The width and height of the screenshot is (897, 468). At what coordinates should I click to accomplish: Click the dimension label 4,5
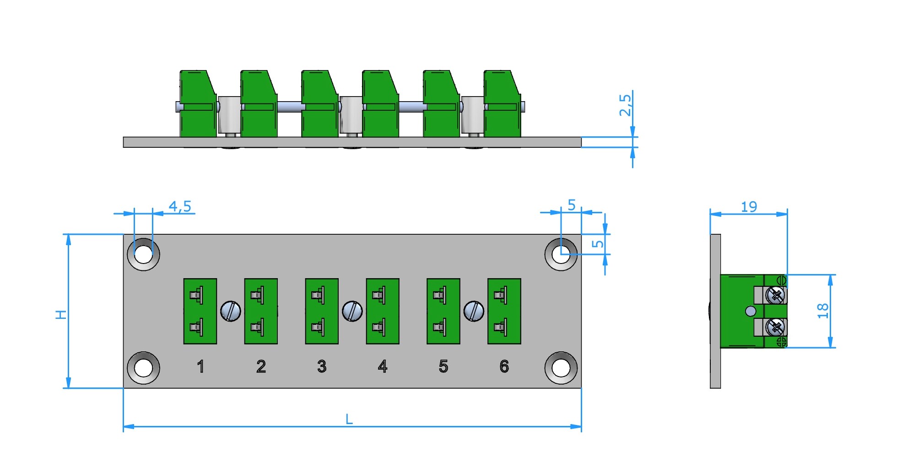coord(180,206)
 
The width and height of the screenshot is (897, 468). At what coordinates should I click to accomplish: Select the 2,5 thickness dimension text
coord(625,105)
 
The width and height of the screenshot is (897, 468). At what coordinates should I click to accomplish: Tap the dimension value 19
coord(749,207)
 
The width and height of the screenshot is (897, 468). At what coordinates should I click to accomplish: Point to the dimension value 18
coord(822,311)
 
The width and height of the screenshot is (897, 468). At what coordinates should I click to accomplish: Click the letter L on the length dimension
coord(349,419)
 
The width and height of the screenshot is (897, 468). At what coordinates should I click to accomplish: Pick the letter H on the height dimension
coord(61,314)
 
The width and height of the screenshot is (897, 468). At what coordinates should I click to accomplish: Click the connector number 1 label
coord(200,366)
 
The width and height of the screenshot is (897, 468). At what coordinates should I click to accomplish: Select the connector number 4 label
coord(383,366)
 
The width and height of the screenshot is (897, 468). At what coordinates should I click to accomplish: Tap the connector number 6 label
coord(504,366)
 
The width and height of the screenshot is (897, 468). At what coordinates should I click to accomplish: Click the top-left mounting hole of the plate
coord(143,254)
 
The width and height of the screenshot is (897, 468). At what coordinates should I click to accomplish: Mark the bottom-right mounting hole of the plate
coord(561,368)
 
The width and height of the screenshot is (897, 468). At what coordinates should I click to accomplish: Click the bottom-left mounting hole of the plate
coord(143,368)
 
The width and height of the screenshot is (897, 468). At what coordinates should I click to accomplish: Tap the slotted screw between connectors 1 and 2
coord(231,311)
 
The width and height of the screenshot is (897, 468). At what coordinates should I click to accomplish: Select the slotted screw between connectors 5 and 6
coord(474,311)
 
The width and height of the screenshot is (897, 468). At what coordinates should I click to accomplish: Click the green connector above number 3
coord(322,311)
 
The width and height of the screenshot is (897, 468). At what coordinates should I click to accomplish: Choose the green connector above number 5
coord(443,311)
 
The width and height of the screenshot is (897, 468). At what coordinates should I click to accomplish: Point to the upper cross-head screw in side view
coord(775,295)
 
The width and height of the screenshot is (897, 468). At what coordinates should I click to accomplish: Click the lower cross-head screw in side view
coord(775,327)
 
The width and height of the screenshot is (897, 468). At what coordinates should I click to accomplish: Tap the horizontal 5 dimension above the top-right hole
coord(572,205)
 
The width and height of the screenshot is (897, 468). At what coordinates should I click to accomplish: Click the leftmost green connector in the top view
coord(198,104)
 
